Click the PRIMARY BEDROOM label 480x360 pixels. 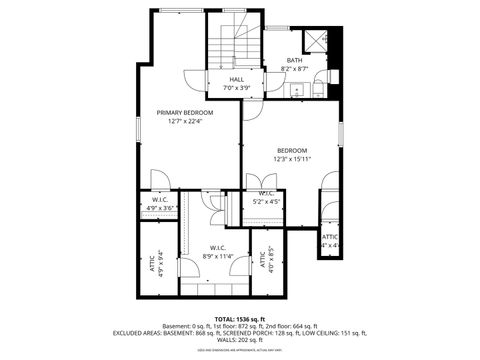pyautogui.click(x=185, y=113)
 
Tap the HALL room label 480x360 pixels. pyautogui.click(x=237, y=79)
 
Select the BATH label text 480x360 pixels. pyautogui.click(x=294, y=60)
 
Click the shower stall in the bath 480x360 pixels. pyautogui.click(x=318, y=40)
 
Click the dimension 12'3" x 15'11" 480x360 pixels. pyautogui.click(x=292, y=159)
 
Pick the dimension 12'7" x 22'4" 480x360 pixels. pyautogui.click(x=185, y=122)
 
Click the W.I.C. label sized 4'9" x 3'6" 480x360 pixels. pyautogui.click(x=160, y=200)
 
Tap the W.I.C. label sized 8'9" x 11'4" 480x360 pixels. pyautogui.click(x=217, y=248)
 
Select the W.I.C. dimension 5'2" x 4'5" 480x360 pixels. pyautogui.click(x=267, y=201)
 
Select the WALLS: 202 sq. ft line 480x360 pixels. pyautogui.click(x=240, y=341)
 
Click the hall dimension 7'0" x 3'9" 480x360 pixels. pyautogui.click(x=237, y=88)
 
